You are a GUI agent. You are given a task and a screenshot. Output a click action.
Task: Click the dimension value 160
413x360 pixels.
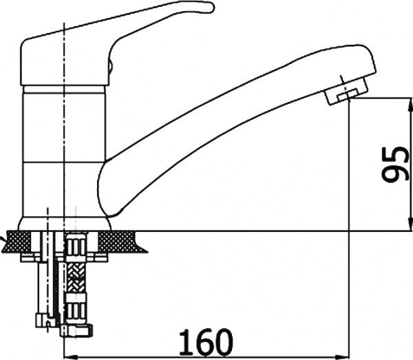point(206,341)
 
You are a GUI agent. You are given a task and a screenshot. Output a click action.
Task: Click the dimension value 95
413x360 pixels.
point(394,165)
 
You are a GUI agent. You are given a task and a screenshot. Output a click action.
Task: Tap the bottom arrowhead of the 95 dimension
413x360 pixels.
point(410,223)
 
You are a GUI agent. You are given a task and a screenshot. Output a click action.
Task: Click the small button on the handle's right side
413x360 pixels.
point(111,68)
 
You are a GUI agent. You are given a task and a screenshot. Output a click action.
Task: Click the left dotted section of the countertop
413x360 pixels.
point(19,240)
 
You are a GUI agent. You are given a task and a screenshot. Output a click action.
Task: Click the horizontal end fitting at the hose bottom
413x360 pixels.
point(76,330)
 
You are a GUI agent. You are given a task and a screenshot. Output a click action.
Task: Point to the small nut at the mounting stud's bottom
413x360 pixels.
point(43,321)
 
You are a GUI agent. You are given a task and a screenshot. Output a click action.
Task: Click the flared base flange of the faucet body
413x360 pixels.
point(65,224)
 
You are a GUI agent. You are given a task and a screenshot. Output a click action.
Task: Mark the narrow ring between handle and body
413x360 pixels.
point(65,89)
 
